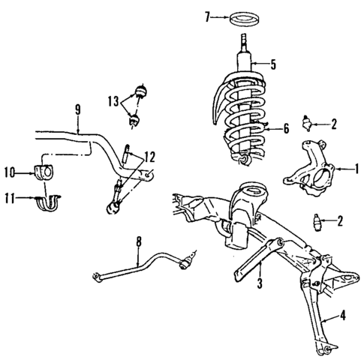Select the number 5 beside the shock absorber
(x=272, y=64)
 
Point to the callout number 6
(x=286, y=128)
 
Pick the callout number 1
(x=357, y=169)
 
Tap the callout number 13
(x=113, y=100)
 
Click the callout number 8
(x=138, y=241)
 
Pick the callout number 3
(x=260, y=284)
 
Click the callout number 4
(x=342, y=315)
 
